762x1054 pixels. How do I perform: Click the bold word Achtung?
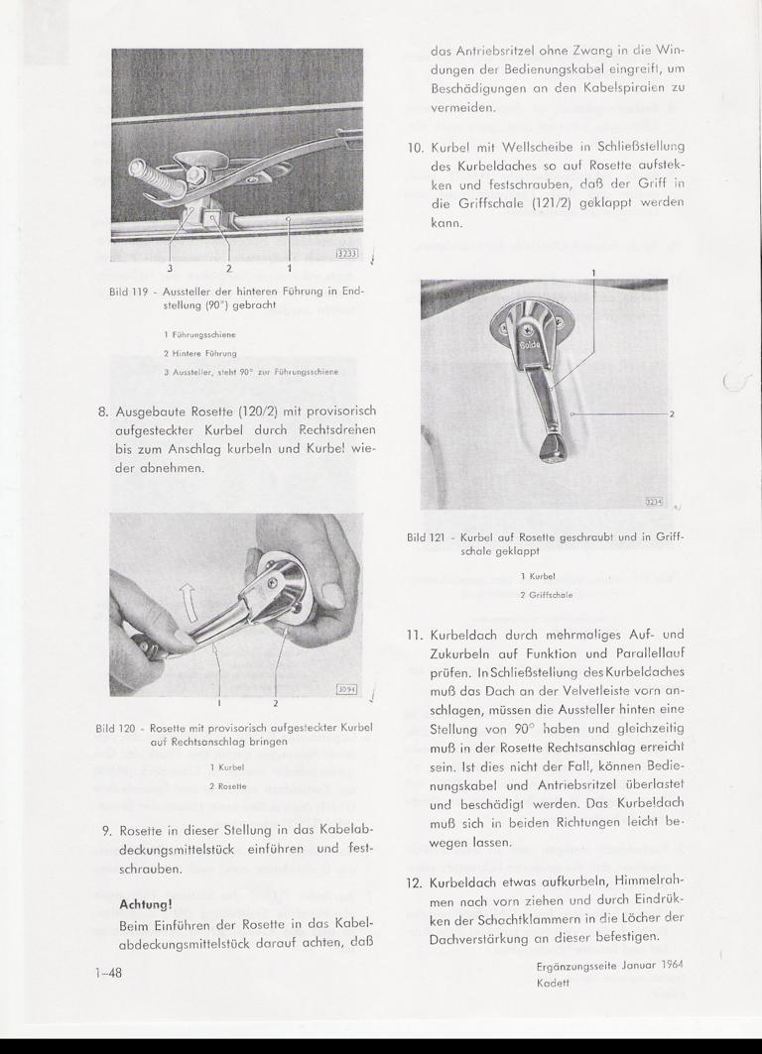[x=146, y=903]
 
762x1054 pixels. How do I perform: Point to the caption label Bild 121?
[x=429, y=537]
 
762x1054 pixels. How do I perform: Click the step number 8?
[x=101, y=410]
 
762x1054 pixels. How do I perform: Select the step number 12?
[x=415, y=884]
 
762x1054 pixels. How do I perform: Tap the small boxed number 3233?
[x=347, y=253]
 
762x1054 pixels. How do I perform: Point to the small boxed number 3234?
[x=655, y=503]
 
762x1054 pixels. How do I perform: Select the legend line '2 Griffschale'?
[x=546, y=595]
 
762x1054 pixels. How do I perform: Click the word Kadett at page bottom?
[x=553, y=983]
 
